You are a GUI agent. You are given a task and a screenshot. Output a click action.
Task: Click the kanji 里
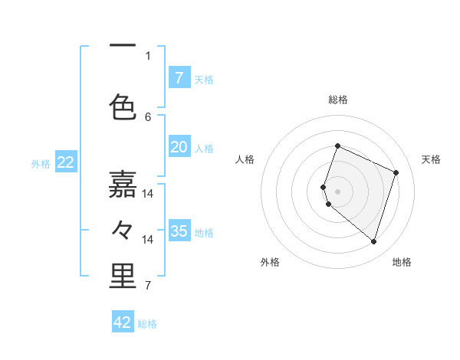pos(123,277)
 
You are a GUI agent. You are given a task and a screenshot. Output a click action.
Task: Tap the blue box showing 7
pos(179,77)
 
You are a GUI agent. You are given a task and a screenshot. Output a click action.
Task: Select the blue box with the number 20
pos(179,147)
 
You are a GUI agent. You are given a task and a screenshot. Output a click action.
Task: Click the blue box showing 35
pos(179,231)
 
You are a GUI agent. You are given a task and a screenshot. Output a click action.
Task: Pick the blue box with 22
pos(66,162)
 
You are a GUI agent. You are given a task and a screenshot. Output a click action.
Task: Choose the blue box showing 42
pos(123,322)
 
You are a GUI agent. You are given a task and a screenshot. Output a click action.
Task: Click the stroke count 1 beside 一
pos(148,55)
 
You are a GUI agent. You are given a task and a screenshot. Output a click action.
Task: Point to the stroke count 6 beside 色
pos(148,116)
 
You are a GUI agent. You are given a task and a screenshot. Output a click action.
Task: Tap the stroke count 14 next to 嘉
pos(148,194)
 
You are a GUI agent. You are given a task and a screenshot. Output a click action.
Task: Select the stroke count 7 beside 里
pos(148,286)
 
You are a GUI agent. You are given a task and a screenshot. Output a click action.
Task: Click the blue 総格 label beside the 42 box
pos(147,324)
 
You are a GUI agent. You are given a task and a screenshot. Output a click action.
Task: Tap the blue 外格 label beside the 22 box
pos(41,163)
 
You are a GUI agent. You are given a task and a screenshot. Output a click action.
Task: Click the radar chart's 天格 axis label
pos(431,159)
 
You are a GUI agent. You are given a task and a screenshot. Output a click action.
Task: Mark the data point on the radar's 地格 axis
pos(373,242)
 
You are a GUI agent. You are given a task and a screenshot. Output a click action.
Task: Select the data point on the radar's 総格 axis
pos(337,146)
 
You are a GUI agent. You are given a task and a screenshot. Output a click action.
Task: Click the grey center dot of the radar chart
pos(337,191)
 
